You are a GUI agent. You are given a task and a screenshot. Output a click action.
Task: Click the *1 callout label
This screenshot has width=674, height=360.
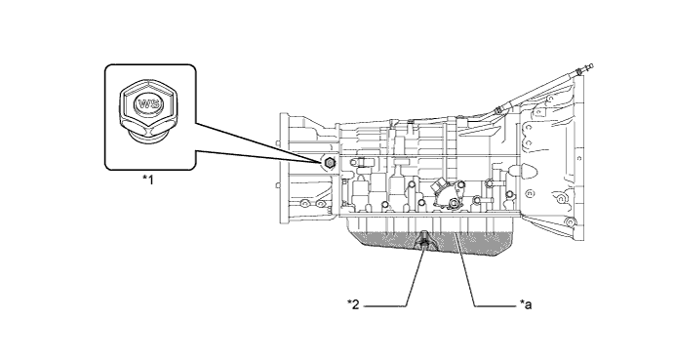point(149,180)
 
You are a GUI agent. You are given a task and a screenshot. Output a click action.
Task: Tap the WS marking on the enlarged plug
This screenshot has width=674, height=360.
point(149,103)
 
